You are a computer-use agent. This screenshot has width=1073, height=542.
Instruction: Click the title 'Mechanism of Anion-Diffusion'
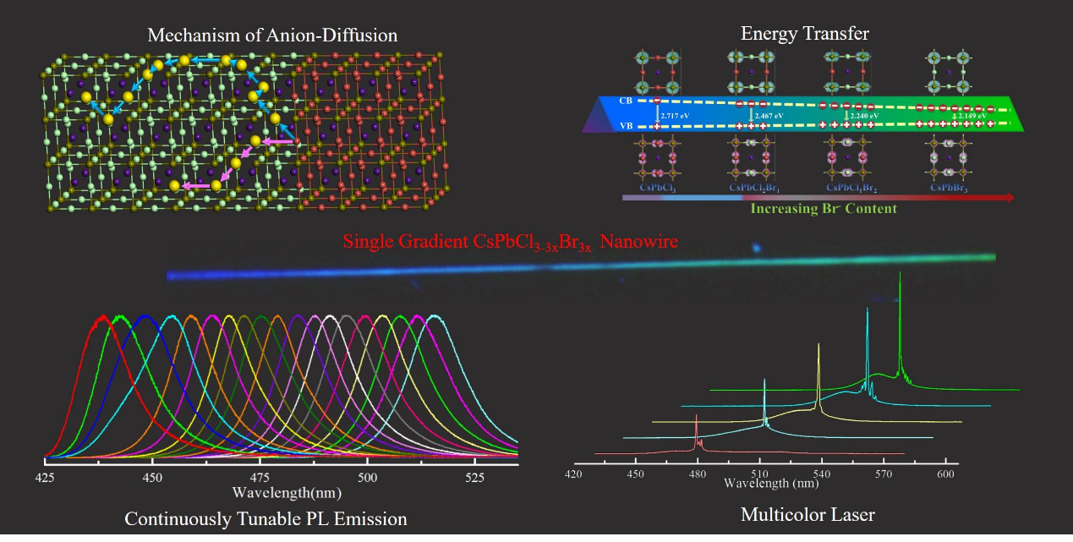(x=272, y=36)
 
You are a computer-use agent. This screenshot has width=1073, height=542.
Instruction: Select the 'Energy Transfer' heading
(x=804, y=34)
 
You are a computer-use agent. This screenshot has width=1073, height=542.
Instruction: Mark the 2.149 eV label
(x=972, y=116)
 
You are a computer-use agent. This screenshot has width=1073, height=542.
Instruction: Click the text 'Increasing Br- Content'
(x=823, y=208)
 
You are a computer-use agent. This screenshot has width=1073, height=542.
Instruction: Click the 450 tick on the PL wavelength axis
(x=152, y=478)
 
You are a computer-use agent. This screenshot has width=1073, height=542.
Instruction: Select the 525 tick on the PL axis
(x=475, y=478)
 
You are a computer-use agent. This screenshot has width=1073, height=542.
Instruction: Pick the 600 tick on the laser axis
(x=945, y=475)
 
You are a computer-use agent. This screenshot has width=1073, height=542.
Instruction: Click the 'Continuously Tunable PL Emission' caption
(x=266, y=519)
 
